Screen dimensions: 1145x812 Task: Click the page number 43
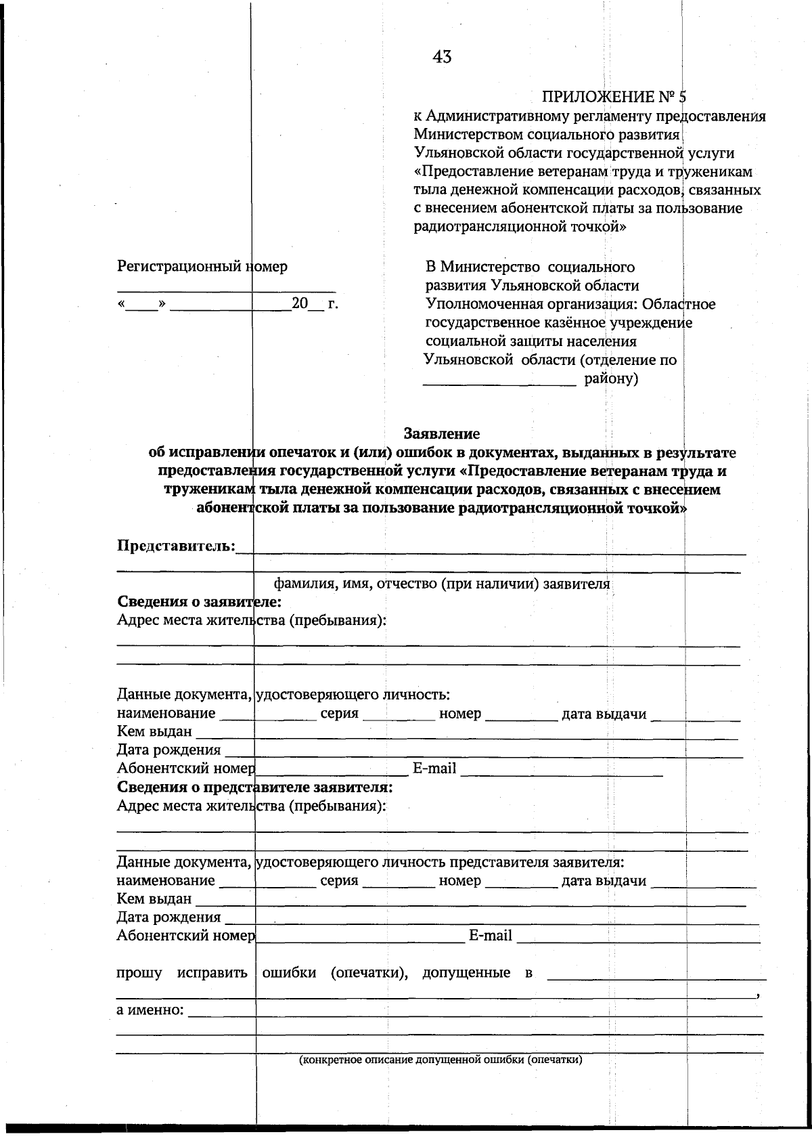442,57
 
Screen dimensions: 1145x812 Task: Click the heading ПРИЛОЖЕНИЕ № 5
614,97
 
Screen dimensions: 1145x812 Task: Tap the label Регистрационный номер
202,266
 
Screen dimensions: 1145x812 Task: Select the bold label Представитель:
177,546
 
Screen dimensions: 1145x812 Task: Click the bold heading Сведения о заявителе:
199,601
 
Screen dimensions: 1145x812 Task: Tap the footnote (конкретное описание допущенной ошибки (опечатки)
441,1060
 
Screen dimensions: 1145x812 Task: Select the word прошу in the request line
139,973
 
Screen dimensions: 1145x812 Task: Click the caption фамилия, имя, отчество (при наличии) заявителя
441,584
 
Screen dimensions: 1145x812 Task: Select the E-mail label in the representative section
491,936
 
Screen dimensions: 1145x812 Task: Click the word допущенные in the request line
466,973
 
